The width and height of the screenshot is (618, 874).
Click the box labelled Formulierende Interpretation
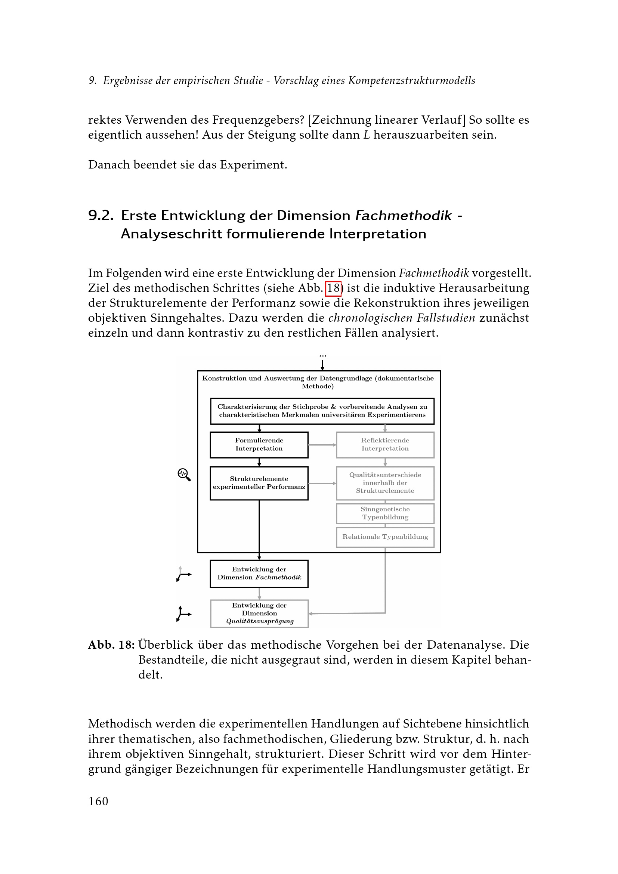pos(259,445)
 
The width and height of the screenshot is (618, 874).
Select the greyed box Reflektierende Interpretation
pos(385,445)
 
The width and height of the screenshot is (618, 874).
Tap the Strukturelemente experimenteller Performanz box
pos(259,483)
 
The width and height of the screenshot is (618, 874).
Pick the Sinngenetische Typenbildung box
pos(385,513)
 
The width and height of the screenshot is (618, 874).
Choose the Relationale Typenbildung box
pos(385,537)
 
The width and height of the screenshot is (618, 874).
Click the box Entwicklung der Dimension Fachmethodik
pos(259,574)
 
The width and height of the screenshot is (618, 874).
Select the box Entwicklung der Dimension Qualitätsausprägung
pos(259,614)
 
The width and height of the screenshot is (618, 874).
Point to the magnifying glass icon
pos(184,474)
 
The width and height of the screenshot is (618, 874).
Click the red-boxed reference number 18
pos(333,288)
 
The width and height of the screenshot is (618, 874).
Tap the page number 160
pos(98,801)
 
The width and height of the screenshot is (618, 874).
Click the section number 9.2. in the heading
pos(101,216)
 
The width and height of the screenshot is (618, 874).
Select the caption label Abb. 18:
pos(111,645)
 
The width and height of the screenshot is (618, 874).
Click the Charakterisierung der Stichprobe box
pos(322,411)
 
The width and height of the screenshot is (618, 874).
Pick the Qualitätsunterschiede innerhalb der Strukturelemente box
pos(385,483)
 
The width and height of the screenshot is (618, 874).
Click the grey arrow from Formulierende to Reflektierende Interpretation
pos(322,445)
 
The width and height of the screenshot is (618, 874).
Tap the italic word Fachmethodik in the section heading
pos(404,216)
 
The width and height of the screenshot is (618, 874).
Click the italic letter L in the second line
pos(367,135)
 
